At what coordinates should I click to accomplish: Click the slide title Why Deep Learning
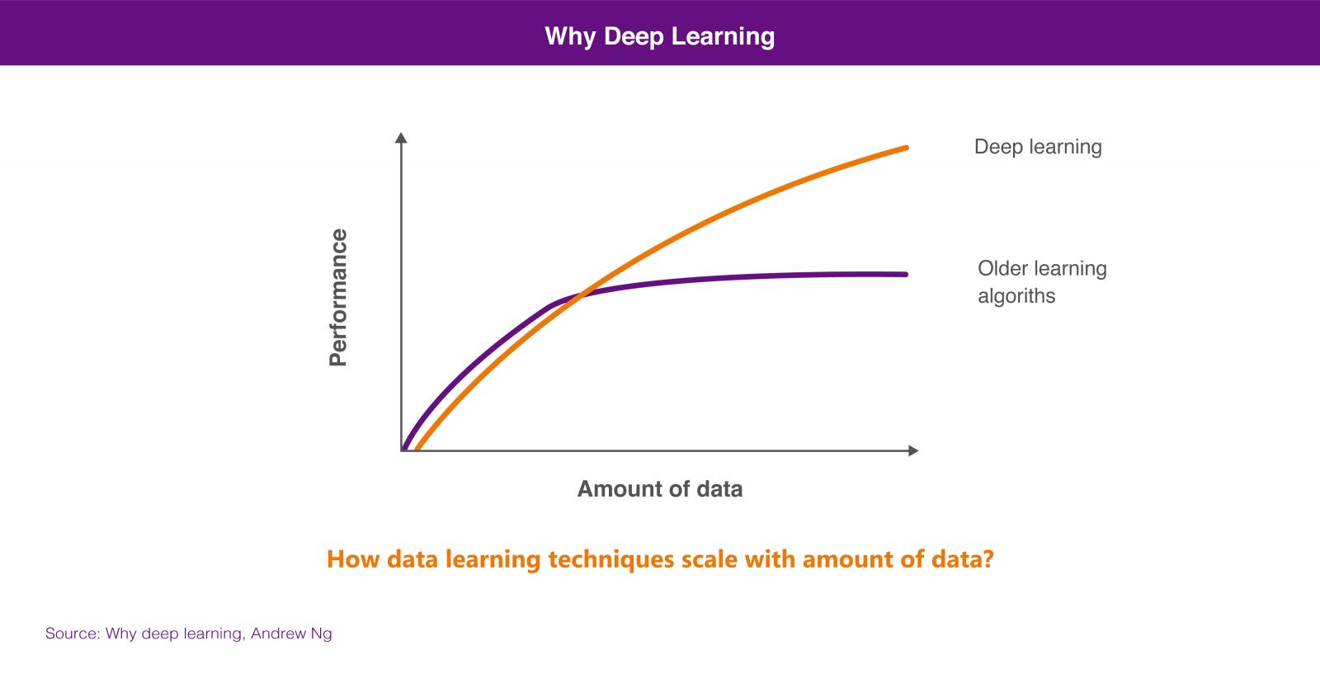pos(659,36)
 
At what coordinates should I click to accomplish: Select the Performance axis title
pos(338,298)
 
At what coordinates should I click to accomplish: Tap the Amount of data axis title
pos(659,489)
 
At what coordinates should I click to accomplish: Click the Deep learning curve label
pos(1038,147)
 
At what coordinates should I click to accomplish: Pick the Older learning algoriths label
pos(1042,282)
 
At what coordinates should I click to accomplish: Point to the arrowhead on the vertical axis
pos(401,138)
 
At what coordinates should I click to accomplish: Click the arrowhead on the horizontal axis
pos(913,450)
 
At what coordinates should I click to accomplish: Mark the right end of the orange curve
pos(907,148)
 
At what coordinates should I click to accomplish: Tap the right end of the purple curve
pos(906,274)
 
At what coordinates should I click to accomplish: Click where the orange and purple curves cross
pos(581,295)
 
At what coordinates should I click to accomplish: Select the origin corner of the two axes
pos(401,450)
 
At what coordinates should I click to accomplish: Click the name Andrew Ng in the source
pos(291,634)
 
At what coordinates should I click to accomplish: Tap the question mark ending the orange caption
pos(988,559)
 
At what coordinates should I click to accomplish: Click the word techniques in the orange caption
pos(611,559)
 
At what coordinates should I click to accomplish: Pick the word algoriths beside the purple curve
pos(1016,296)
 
